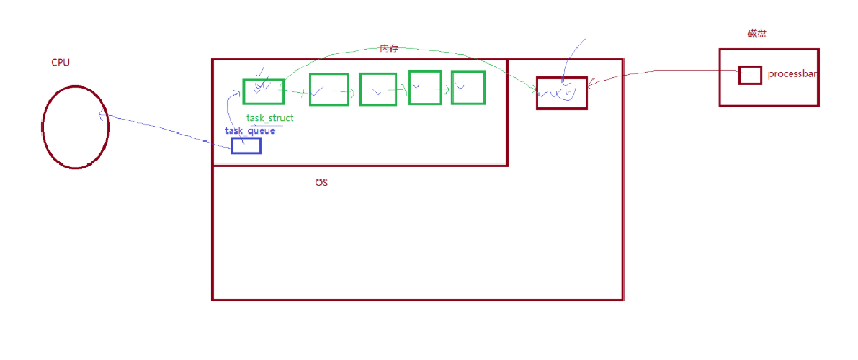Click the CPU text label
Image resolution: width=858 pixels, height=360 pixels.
coord(61,63)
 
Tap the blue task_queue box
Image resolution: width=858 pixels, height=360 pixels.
coord(246,145)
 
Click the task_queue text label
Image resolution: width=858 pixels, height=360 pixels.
coord(250,131)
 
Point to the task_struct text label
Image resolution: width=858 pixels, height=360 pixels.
coord(270,117)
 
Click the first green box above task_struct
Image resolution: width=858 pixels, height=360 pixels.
coord(263,91)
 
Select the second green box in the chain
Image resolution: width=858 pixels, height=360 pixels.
coord(329,89)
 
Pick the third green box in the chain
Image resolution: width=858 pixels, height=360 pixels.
coord(377,89)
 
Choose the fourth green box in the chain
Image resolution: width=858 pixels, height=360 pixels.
coord(424,87)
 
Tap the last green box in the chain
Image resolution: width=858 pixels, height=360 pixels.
coord(468,87)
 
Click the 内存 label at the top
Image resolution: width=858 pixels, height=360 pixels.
coord(389,48)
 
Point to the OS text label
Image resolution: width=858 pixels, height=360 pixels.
coord(321,183)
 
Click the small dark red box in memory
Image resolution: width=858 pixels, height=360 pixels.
coord(561,93)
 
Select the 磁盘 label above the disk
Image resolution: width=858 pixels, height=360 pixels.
coord(756,33)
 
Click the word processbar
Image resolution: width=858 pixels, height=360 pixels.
coord(792,74)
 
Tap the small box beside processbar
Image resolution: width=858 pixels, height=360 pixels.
coord(750,75)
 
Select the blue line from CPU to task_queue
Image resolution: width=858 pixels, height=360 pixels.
coord(166,129)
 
